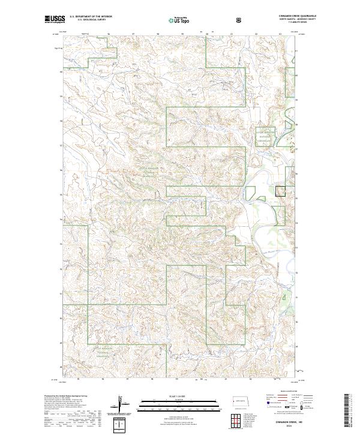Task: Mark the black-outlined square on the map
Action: [x=280, y=191]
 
